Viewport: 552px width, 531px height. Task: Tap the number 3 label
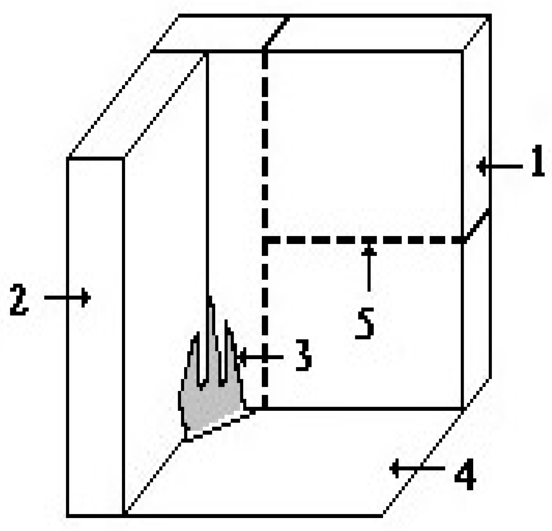(x=303, y=355)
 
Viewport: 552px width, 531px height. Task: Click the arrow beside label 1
(x=499, y=167)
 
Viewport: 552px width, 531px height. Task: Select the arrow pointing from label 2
(x=67, y=297)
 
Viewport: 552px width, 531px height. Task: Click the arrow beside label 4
(x=417, y=468)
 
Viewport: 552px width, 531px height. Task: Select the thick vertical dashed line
(x=265, y=152)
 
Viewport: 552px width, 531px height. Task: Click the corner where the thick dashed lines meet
(x=265, y=240)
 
